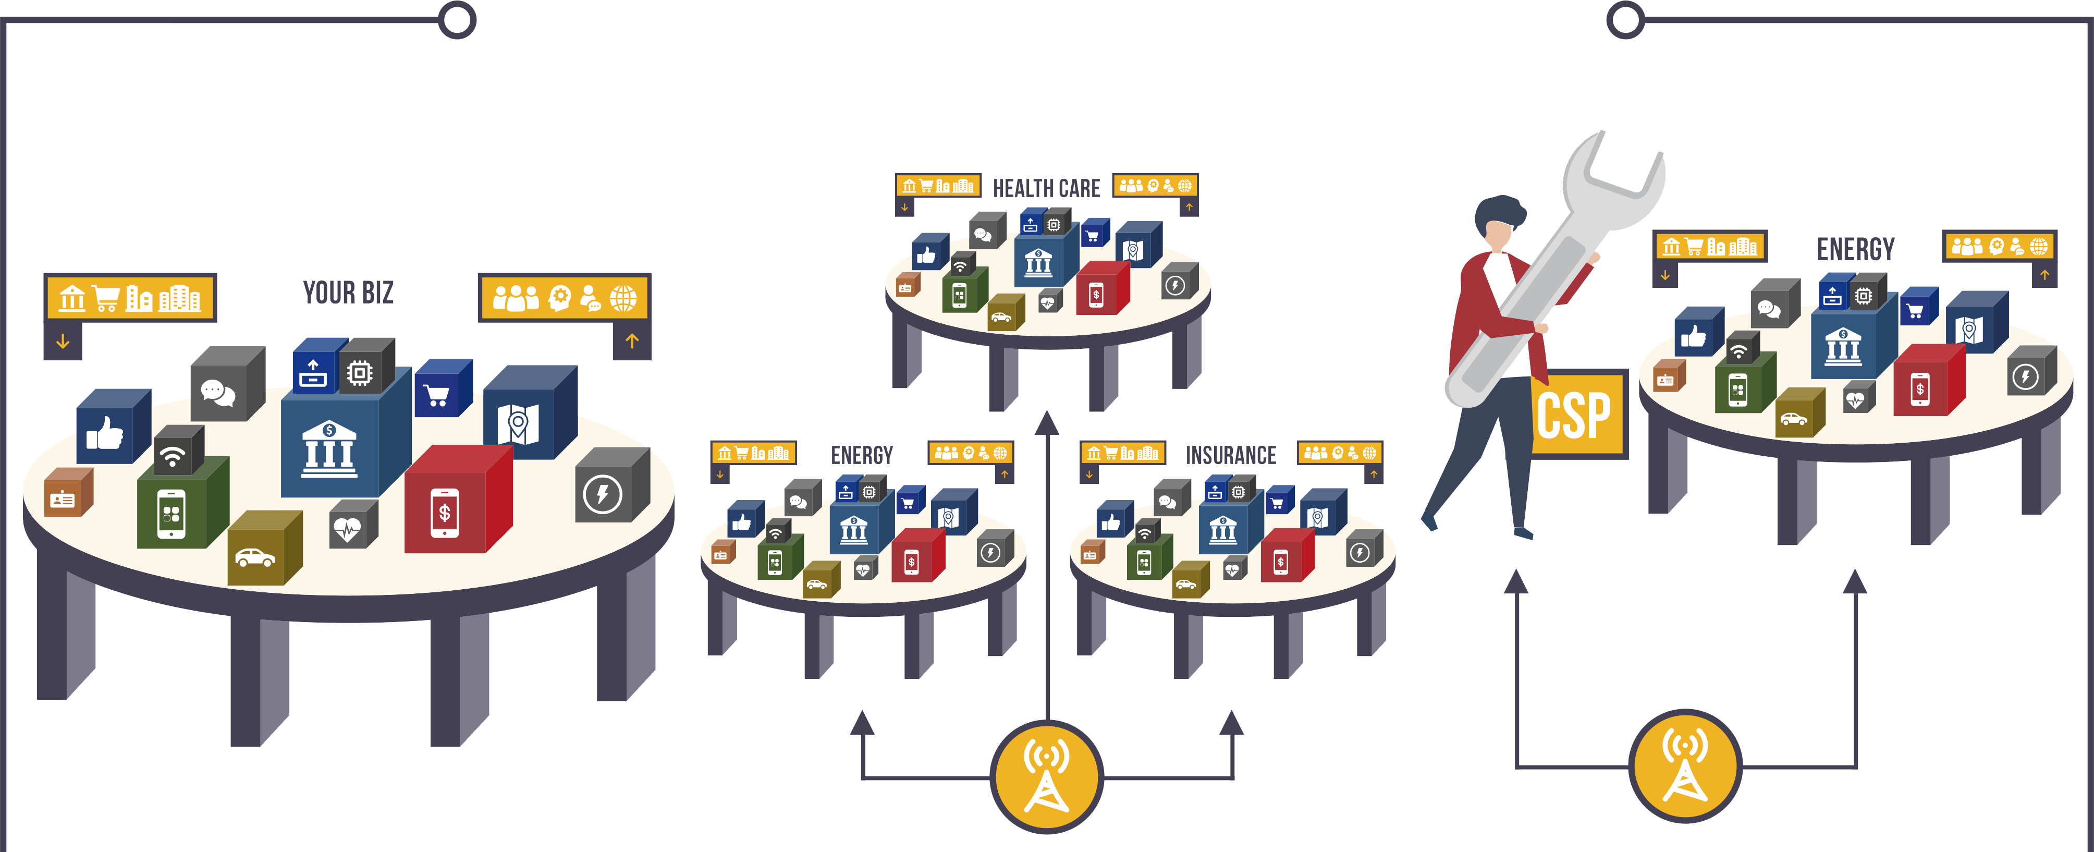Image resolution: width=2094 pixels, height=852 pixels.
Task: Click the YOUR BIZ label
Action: click(348, 292)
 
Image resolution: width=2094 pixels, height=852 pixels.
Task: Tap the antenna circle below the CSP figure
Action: click(1685, 766)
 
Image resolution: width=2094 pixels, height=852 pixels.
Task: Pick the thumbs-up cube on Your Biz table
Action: click(110, 429)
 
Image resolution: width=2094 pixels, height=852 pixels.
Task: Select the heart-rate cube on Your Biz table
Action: click(351, 527)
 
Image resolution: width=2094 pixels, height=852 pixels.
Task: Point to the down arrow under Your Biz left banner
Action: click(63, 342)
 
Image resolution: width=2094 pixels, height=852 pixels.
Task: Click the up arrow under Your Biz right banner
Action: click(632, 342)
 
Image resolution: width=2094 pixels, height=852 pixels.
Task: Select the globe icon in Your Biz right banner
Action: click(623, 298)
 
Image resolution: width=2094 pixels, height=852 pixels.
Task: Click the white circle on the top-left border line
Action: click(457, 19)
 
